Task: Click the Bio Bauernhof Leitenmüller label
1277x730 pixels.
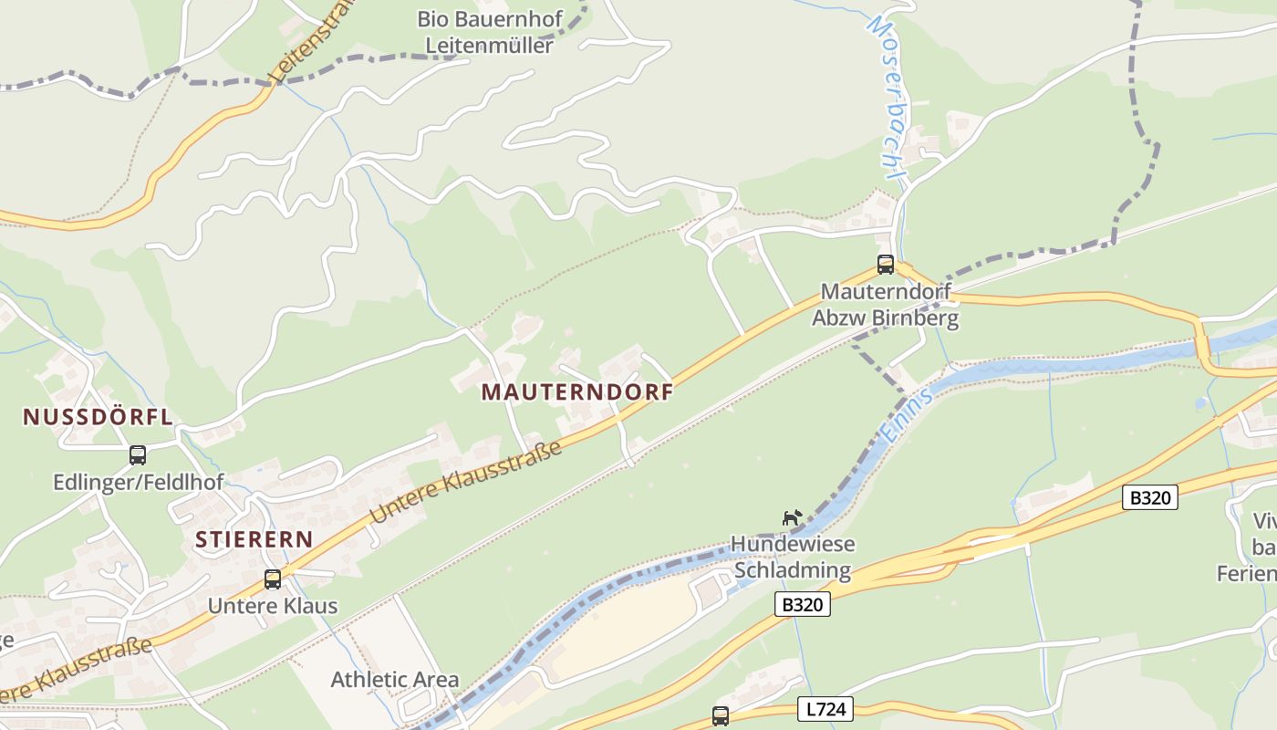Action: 489,32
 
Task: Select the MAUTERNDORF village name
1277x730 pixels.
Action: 577,392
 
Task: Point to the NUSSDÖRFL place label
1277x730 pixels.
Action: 98,417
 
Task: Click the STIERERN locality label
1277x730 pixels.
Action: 254,539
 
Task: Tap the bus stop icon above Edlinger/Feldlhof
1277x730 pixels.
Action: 138,454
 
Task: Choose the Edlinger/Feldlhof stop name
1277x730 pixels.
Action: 138,482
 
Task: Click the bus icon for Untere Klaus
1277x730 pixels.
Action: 273,579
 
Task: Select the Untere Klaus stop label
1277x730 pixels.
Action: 273,605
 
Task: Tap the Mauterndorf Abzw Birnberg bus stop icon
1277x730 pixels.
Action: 886,265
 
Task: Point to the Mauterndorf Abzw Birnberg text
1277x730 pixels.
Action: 886,305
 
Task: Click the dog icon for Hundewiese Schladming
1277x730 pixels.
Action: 792,517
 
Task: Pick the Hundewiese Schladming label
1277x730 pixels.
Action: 793,558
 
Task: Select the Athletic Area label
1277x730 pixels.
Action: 395,679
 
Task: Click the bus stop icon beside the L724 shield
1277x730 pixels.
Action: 721,715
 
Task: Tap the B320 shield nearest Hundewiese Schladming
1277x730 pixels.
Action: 804,604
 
